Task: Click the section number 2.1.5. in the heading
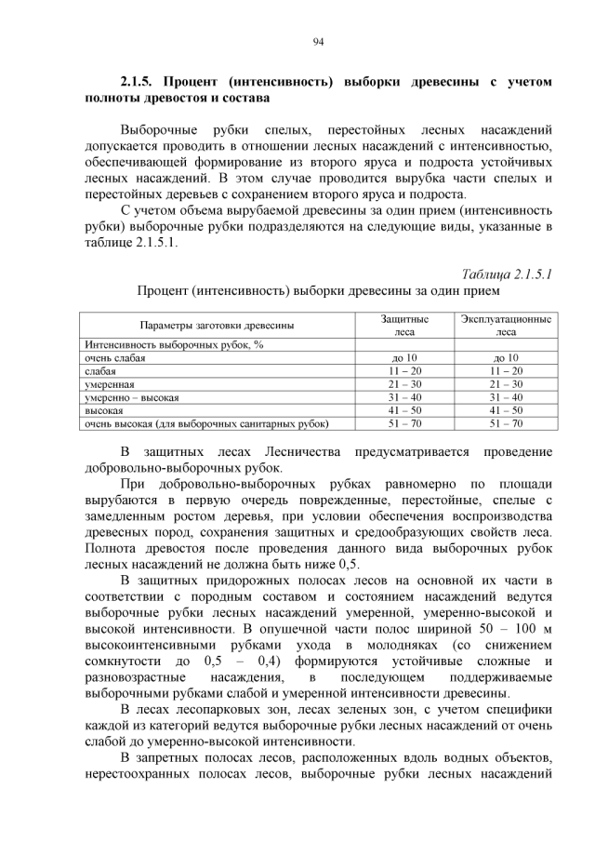coord(141,82)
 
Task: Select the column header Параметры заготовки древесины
coord(217,325)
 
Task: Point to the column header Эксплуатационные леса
coord(506,325)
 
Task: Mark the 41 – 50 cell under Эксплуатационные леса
coord(506,409)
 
